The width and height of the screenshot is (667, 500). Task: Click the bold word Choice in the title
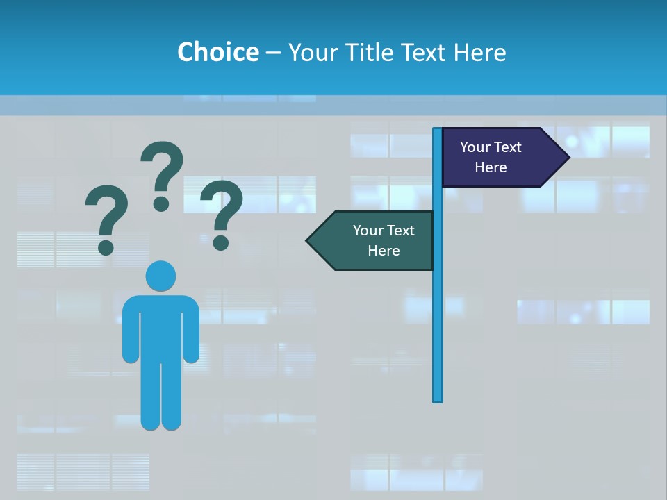[217, 52]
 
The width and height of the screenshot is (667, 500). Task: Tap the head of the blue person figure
[160, 276]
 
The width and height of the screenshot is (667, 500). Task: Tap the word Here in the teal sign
[384, 251]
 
